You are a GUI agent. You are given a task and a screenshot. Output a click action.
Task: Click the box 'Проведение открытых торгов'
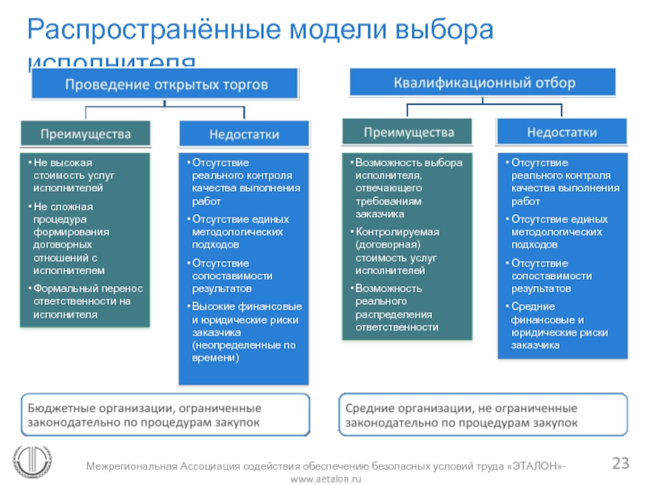pos(166,84)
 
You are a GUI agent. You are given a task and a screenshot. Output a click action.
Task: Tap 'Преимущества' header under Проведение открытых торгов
pos(86,132)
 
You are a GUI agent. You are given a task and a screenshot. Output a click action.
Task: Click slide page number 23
pos(620,463)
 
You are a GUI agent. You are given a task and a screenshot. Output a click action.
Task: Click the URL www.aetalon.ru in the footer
pos(325,479)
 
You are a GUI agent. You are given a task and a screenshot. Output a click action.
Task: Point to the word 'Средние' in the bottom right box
pos(371,407)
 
